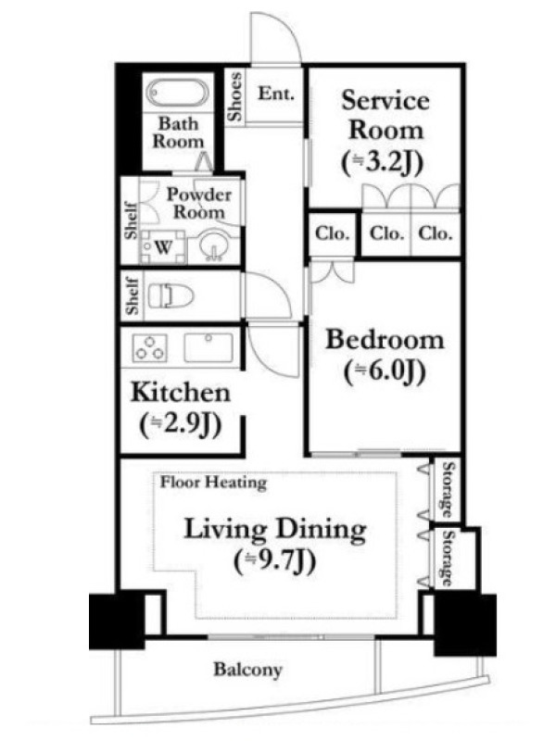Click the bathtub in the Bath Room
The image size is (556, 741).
coord(177,93)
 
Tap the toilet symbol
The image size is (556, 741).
coord(171,295)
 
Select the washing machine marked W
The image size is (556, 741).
coord(162,246)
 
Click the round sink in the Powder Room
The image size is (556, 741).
coord(212,246)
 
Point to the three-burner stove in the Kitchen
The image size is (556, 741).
coord(149,348)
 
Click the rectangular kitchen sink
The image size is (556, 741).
coord(208,347)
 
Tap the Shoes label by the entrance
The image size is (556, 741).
coord(235,96)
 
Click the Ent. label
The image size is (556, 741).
coord(275,94)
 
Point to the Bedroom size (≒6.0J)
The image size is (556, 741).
coord(385,372)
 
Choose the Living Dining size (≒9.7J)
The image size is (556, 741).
coord(275,561)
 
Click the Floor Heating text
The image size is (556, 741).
coord(213,483)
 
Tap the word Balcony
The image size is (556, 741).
coord(247,670)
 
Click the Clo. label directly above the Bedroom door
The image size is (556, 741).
coord(333,233)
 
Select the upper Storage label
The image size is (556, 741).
coord(448,490)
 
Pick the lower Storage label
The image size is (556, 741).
coord(448,559)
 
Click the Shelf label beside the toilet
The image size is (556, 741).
coord(133,295)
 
